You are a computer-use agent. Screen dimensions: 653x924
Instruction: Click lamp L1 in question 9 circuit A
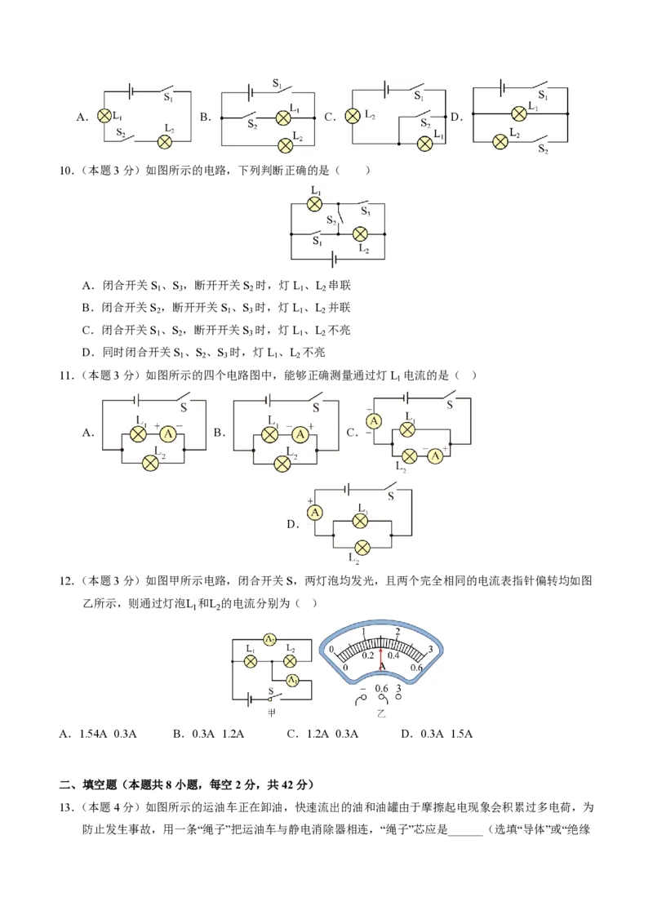pos(104,116)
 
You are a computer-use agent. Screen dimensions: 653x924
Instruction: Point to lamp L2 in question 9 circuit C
pos(353,116)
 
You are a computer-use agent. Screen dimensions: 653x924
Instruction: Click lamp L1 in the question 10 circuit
pos(315,204)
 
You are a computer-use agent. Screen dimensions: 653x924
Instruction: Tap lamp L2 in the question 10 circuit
pos(360,234)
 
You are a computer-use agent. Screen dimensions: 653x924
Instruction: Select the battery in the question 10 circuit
pos(335,259)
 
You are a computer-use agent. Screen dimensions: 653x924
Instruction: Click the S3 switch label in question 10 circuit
pos(366,211)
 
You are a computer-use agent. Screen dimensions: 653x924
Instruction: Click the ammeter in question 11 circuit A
pos(168,434)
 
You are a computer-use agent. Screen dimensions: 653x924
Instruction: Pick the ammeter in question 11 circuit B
pos(300,434)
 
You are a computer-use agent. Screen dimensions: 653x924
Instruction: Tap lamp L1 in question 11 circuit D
pos(361,520)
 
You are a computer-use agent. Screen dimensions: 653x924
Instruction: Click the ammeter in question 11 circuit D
pos(315,513)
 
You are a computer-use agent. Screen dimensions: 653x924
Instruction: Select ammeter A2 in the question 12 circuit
pos(270,639)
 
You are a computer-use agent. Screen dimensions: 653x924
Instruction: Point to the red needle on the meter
pos(381,658)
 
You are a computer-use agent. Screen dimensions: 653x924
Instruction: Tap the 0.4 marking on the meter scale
pos(393,655)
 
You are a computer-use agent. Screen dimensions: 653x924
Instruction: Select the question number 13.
pos(67,807)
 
